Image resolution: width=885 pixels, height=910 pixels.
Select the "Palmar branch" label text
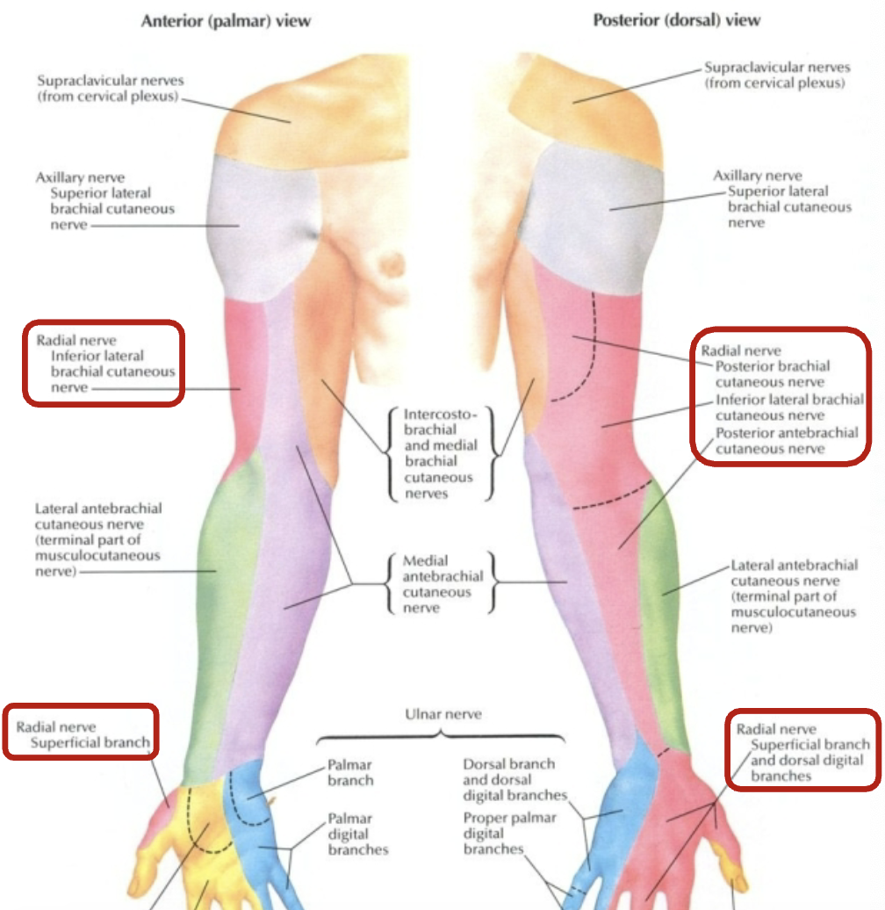pos(350,773)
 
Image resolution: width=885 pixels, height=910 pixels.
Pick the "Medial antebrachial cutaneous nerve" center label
pos(442,583)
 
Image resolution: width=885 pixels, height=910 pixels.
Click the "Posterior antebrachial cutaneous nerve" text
pos(787,440)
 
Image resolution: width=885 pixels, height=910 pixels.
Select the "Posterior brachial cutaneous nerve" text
pos(773,374)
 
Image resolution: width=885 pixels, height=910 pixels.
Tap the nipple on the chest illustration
pos(387,262)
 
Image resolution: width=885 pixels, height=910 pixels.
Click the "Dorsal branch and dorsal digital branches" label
pos(509,780)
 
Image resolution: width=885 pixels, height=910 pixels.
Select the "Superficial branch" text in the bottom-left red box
pos(90,743)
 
